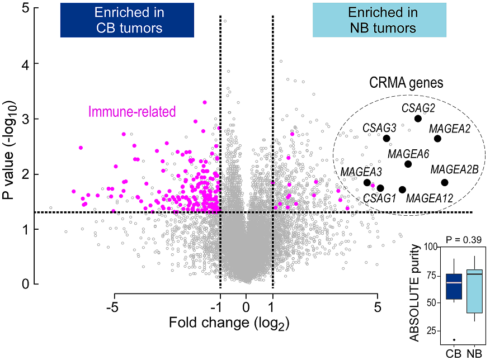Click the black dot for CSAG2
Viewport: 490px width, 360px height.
(x=418, y=119)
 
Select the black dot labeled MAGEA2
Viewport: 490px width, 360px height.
(x=437, y=139)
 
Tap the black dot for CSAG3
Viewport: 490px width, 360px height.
(x=387, y=139)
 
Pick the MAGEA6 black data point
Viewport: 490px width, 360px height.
(x=408, y=164)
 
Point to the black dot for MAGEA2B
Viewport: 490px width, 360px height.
(x=445, y=182)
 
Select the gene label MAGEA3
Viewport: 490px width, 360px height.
(x=361, y=170)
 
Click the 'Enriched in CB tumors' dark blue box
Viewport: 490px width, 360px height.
(x=127, y=20)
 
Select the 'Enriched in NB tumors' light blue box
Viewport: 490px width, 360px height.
(x=379, y=20)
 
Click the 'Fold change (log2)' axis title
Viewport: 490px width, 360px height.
(x=245, y=324)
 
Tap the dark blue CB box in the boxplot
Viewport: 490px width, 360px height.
(x=454, y=286)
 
